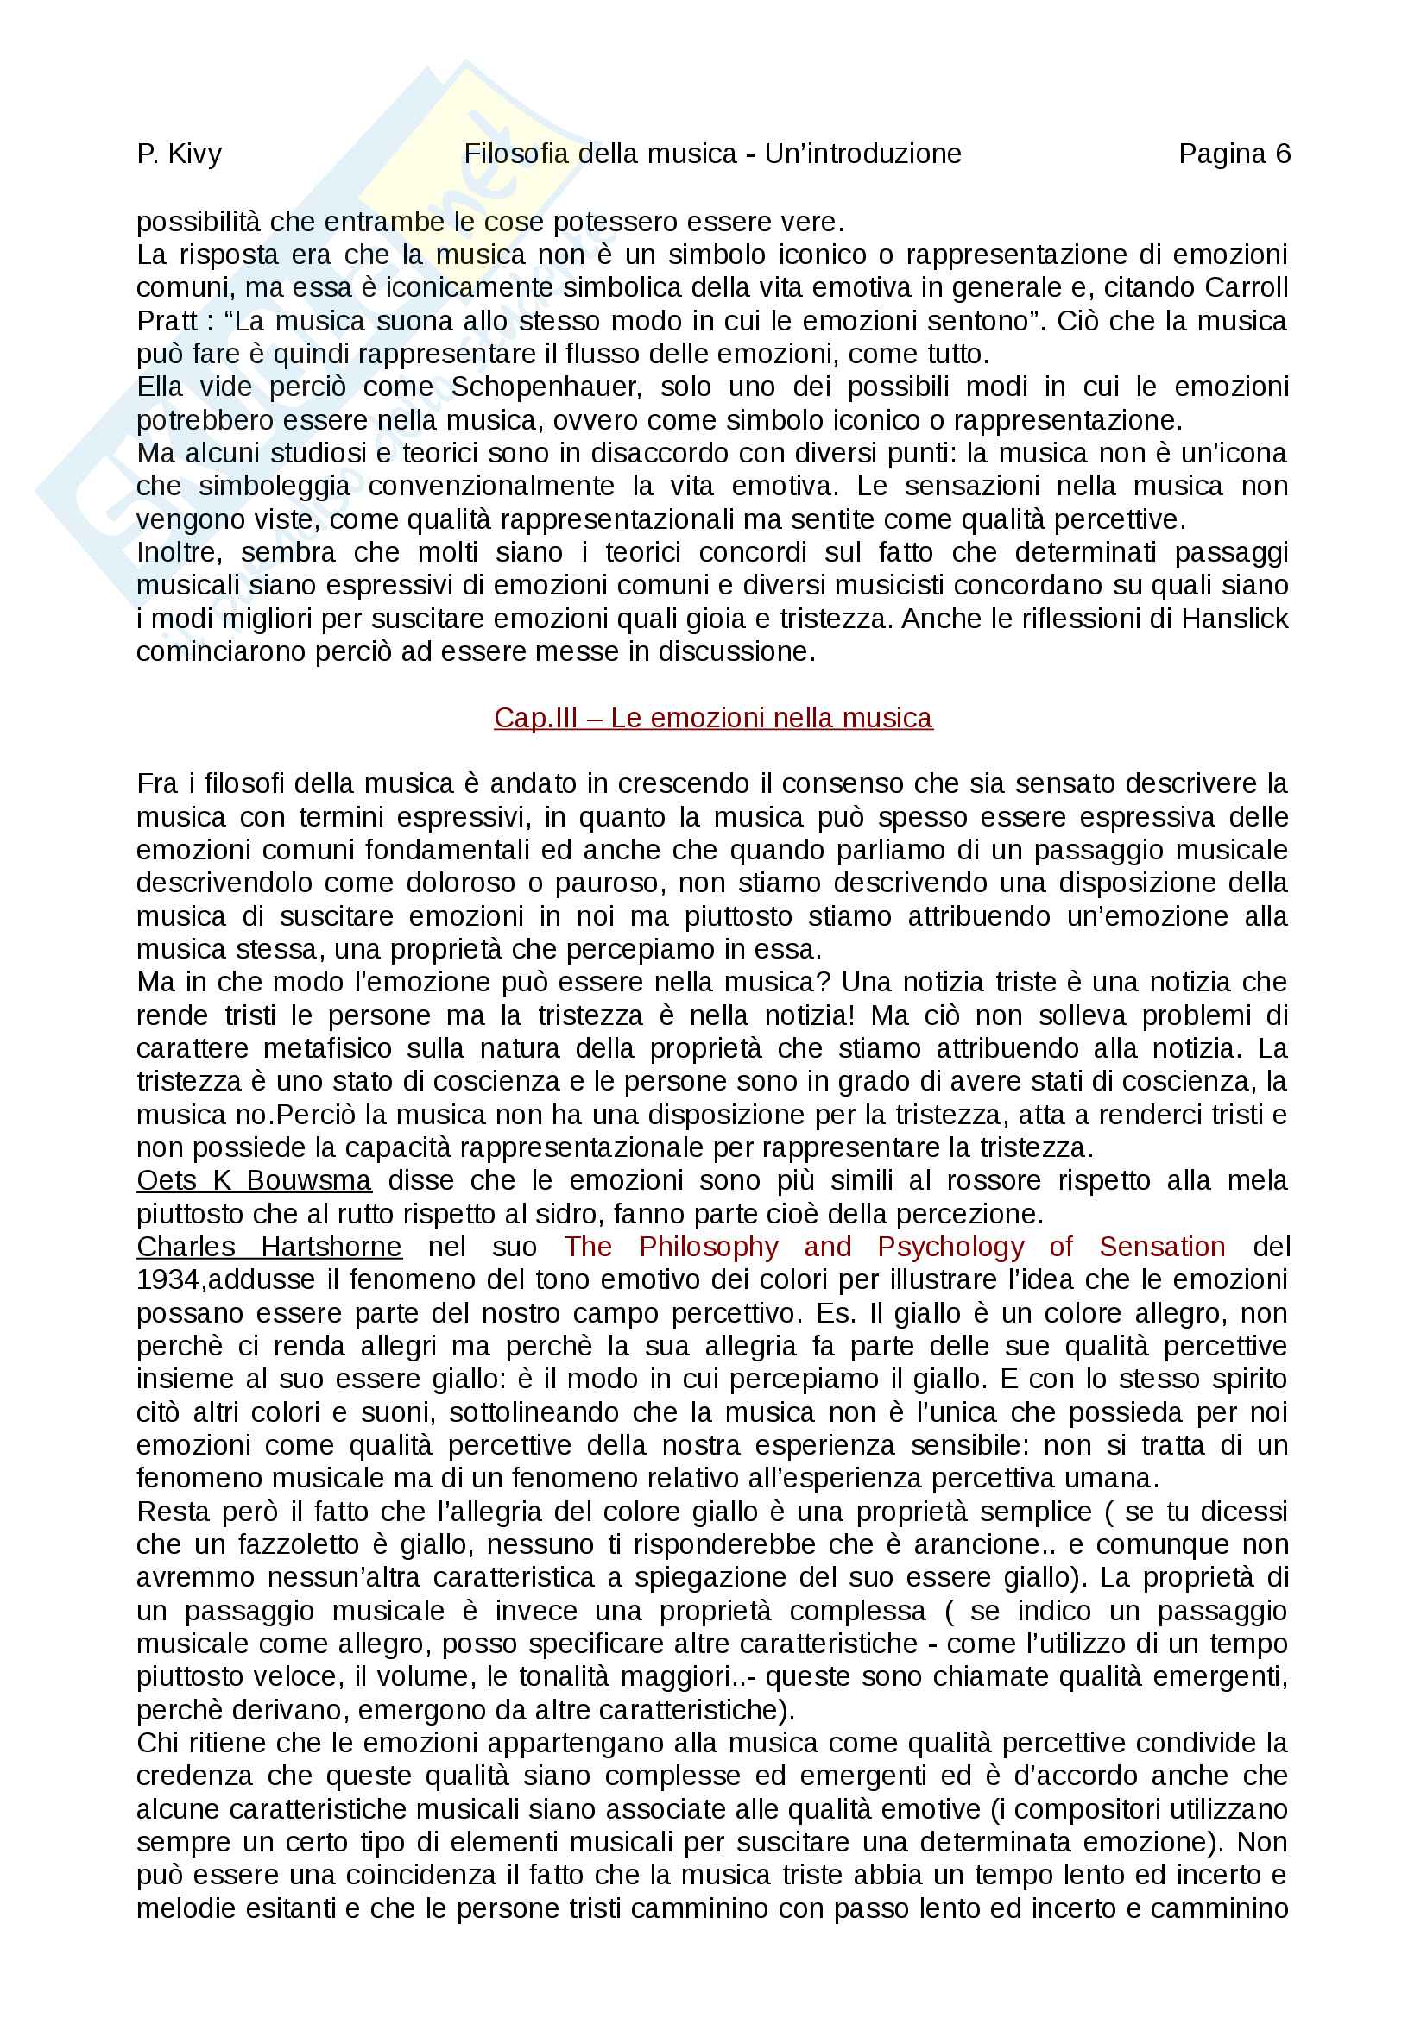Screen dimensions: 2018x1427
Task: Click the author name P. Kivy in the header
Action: pyautogui.click(x=180, y=154)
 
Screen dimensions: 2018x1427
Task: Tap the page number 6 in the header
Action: pyautogui.click(x=1283, y=154)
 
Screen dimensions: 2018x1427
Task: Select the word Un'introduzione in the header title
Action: pyautogui.click(x=862, y=154)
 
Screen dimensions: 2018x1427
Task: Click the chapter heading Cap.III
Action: pyautogui.click(x=535, y=718)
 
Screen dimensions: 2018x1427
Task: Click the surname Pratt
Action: pyautogui.click(x=167, y=321)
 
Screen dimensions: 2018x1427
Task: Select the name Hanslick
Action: pyautogui.click(x=1234, y=619)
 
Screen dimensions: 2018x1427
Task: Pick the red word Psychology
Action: pyautogui.click(x=950, y=1247)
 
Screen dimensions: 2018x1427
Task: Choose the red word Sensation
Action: pyautogui.click(x=1161, y=1247)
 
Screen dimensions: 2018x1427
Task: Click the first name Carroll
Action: pyautogui.click(x=1246, y=287)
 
